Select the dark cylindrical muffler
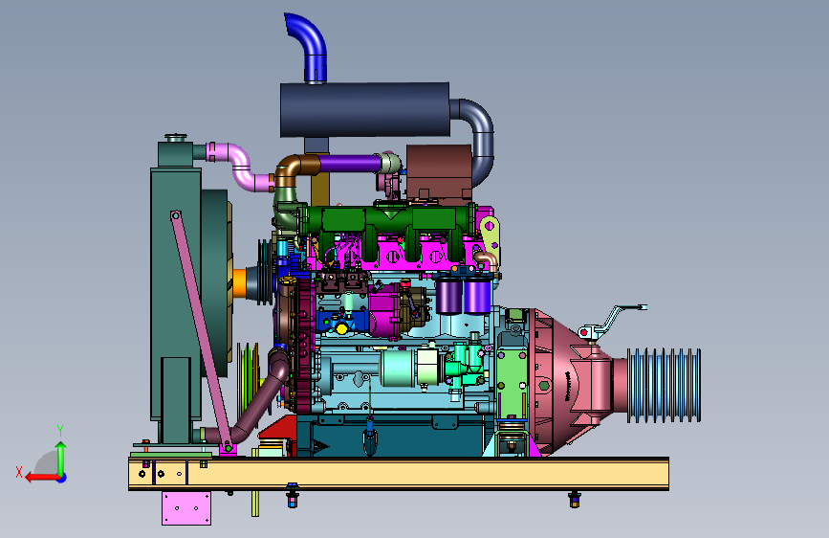365,110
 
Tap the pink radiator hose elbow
239,166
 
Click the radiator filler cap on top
176,138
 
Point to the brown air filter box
439,172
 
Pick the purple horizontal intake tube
350,163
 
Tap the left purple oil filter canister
448,296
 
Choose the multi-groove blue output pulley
664,386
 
